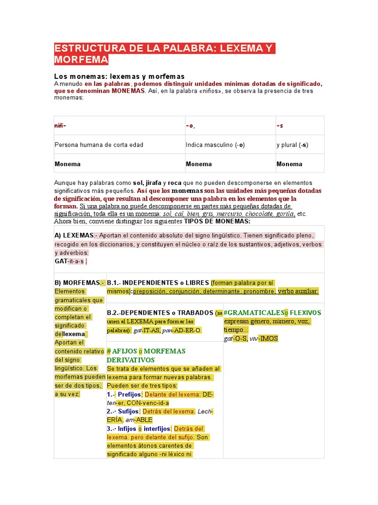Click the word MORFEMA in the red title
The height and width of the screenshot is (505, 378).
81,60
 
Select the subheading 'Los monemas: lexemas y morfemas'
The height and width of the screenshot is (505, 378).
119,76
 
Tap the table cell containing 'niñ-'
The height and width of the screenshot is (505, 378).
60,126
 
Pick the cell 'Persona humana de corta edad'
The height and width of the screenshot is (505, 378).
98,145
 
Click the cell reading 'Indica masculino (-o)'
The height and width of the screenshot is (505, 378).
215,145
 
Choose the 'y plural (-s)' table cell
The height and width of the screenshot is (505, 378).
292,145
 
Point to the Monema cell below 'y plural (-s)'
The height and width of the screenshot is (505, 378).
289,164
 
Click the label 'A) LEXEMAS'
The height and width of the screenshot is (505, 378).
74,235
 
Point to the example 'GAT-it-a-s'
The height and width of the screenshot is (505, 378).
69,261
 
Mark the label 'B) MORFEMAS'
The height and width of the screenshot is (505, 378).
77,283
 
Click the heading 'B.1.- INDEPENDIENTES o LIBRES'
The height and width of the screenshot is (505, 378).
157,283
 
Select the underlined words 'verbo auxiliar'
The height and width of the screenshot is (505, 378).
298,291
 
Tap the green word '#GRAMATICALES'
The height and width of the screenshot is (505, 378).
253,313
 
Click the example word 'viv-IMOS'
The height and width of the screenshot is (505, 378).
263,338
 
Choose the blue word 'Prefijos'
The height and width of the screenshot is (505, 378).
129,395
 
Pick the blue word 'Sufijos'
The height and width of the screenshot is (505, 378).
128,411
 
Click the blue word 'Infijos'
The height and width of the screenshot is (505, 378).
126,429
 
